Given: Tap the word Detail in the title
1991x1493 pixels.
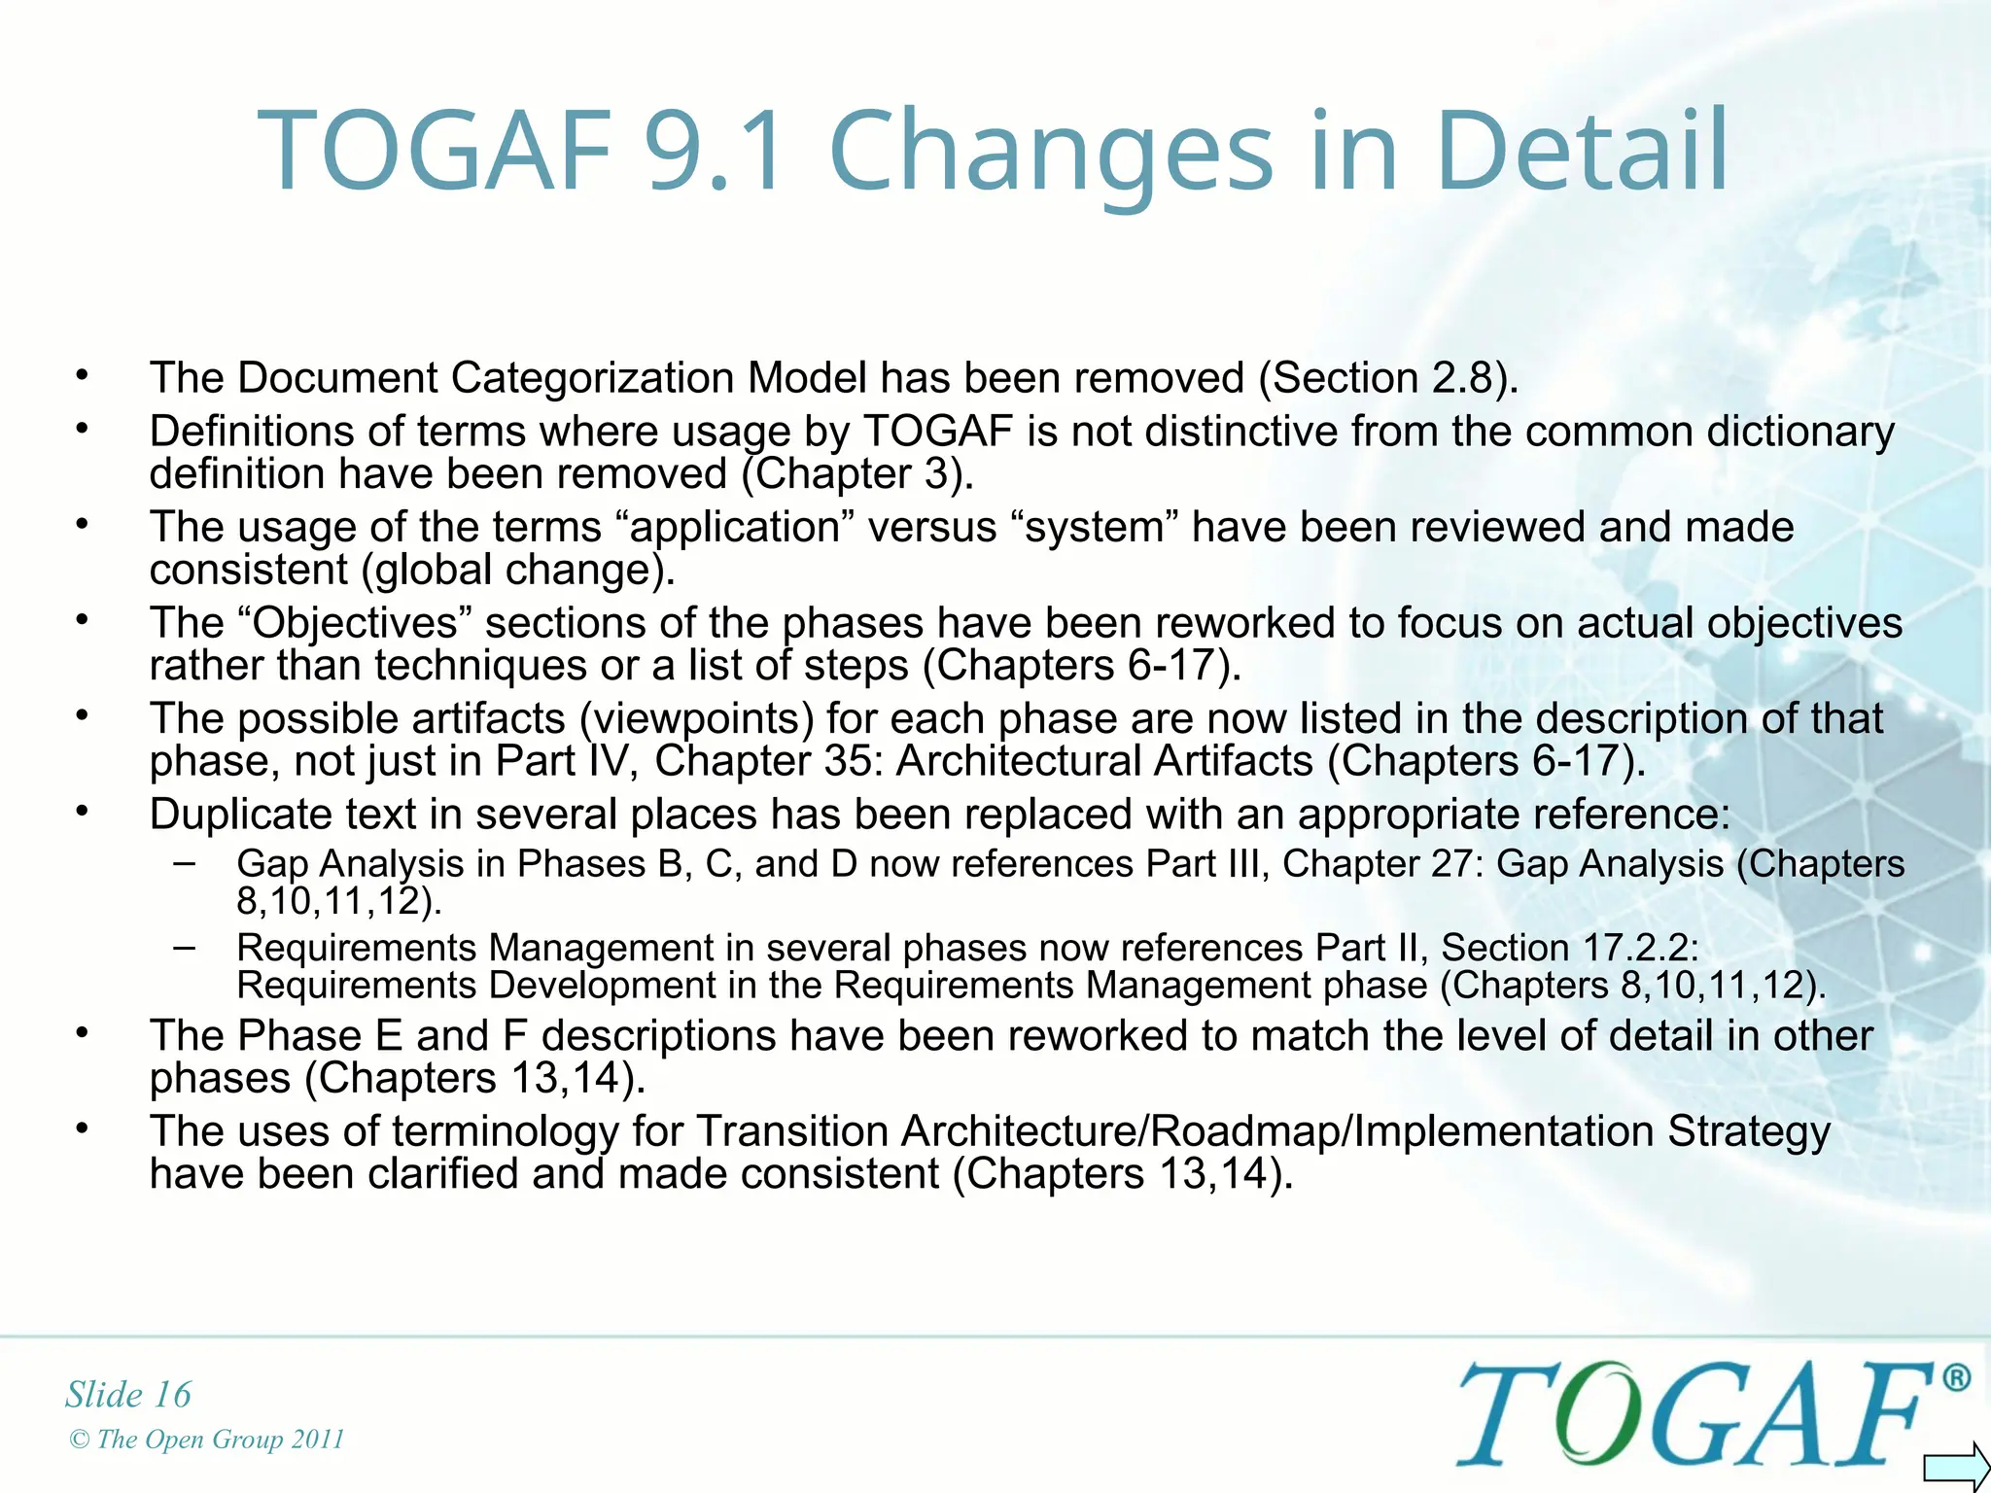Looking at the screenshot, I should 1582,152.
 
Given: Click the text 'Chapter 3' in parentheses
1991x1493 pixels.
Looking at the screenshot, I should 856,474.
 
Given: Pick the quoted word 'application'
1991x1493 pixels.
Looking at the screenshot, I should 735,528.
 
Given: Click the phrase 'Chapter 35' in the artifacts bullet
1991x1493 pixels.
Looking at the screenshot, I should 767,762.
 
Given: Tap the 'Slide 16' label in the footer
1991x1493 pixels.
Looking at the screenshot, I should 128,1395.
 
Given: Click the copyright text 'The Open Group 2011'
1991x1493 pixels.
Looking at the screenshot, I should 220,1440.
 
